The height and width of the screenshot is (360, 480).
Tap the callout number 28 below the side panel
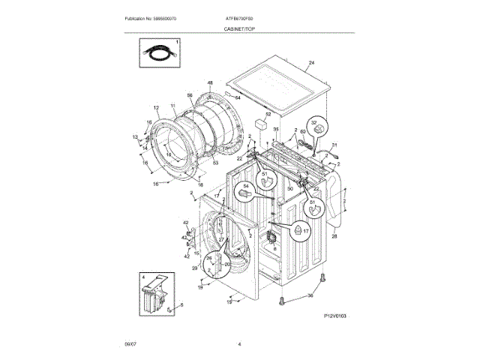click(x=335, y=237)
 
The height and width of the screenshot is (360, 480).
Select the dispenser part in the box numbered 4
click(x=153, y=294)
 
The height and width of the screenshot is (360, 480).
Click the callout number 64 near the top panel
click(x=238, y=97)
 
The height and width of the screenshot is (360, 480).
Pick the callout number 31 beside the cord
click(x=335, y=144)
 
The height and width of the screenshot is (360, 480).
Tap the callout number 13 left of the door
click(x=136, y=136)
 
